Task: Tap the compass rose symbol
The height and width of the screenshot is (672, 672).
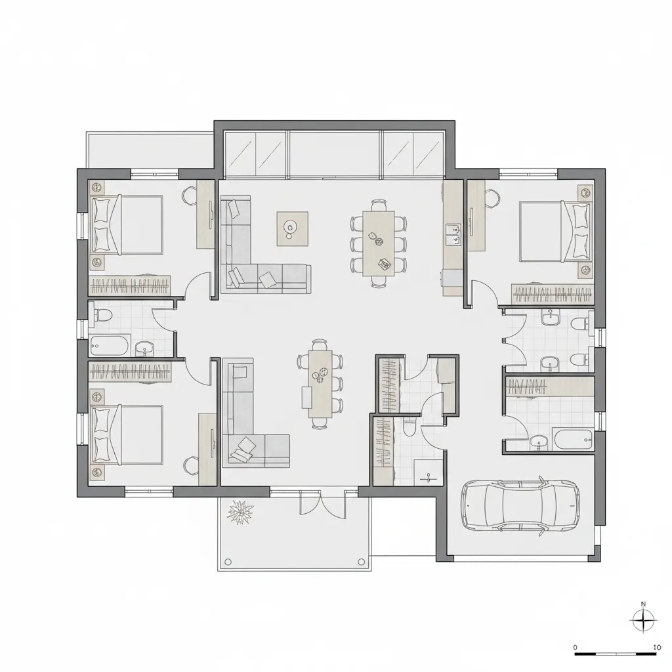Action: tap(643, 620)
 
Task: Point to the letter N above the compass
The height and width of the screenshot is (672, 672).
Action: tap(643, 604)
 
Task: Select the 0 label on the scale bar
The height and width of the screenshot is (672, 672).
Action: tap(575, 647)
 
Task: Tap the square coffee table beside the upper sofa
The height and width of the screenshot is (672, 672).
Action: tap(292, 229)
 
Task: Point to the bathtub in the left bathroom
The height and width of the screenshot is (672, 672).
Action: tap(110, 345)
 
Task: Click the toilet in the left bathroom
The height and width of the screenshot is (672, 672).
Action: tap(103, 316)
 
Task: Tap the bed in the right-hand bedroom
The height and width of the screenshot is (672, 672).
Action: tap(556, 232)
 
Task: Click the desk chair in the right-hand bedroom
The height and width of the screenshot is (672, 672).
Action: tap(492, 198)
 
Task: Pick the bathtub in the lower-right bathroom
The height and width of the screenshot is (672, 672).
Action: tap(572, 439)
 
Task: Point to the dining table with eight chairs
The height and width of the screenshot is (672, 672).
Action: tap(379, 243)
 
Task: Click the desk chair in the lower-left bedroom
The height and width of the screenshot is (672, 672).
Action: tap(191, 465)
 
